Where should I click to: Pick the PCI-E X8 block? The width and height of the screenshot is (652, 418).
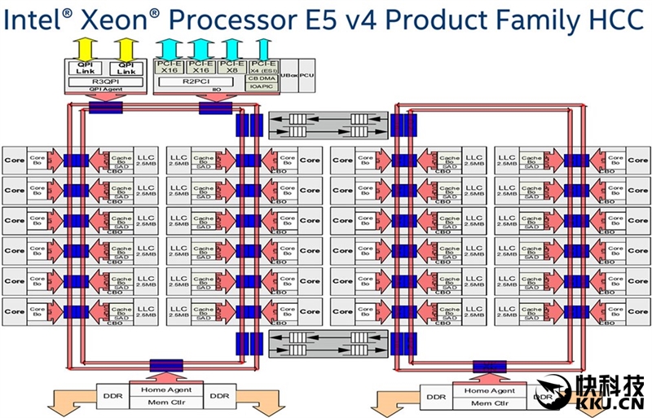point(231,66)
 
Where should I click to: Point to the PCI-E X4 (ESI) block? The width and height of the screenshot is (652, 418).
point(263,66)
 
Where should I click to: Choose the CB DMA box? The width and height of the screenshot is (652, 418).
point(263,77)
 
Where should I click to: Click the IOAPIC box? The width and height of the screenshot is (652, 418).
point(263,86)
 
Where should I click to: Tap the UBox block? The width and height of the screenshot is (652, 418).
point(290,75)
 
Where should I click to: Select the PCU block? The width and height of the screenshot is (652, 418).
point(307,75)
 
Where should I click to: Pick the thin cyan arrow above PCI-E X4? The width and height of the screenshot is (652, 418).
point(262,47)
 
